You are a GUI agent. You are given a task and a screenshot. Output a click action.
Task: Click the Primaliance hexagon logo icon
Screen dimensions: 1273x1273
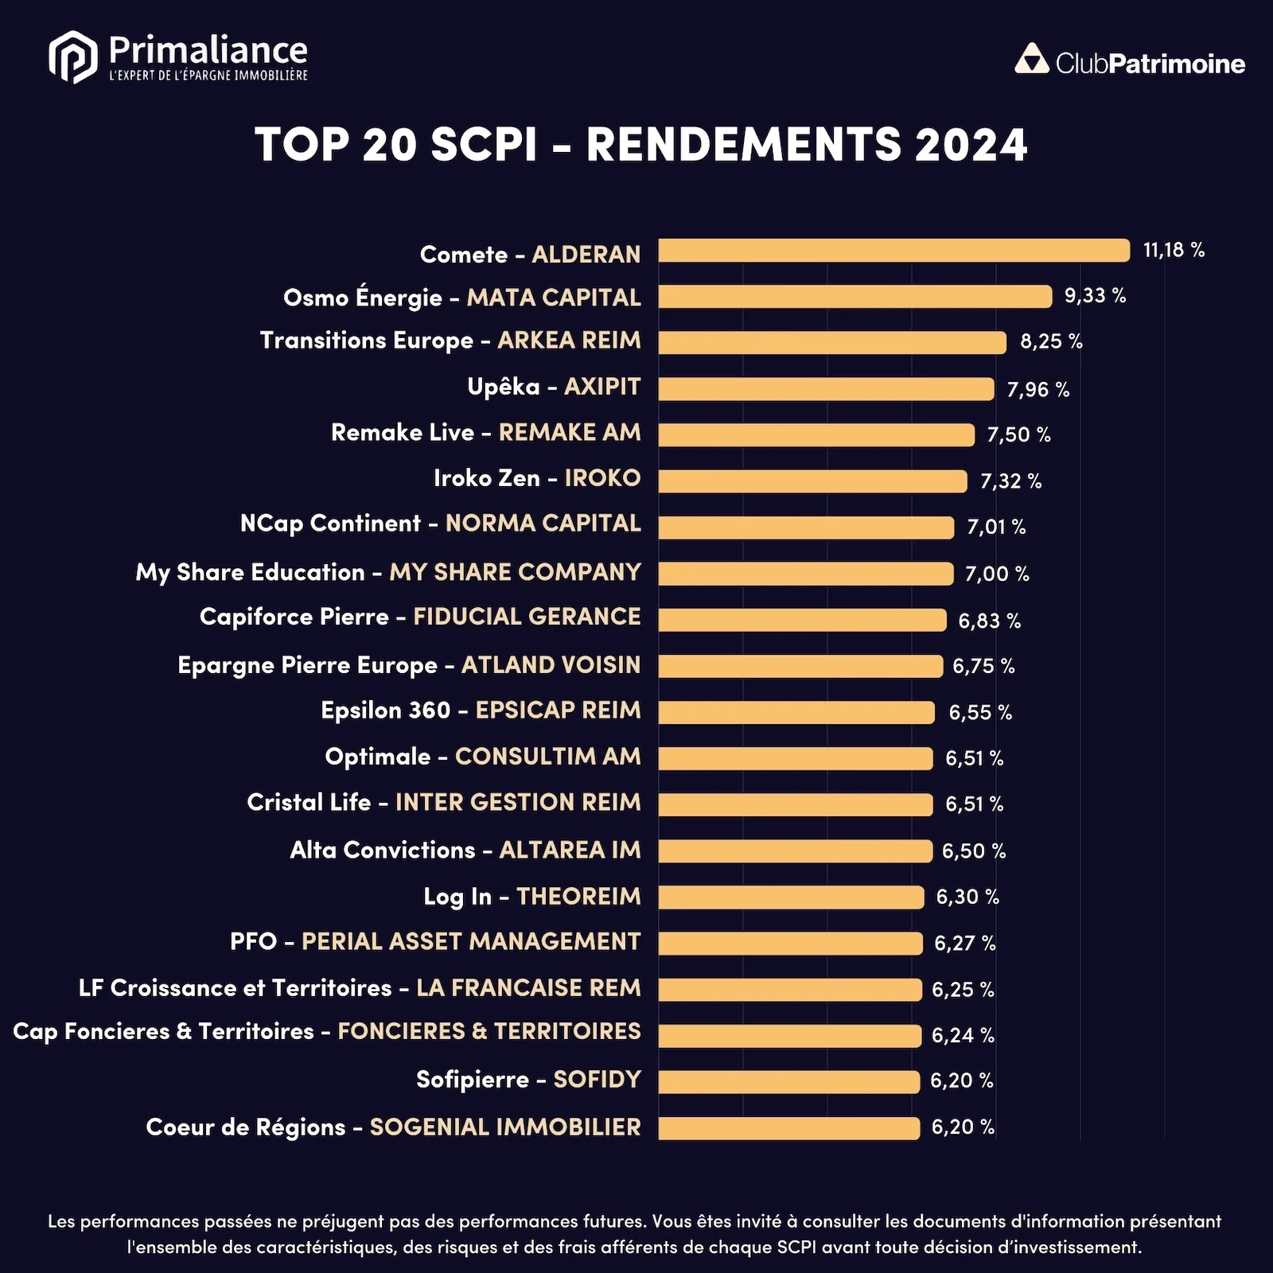72,57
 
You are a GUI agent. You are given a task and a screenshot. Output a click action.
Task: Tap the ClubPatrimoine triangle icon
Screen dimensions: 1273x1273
1032,60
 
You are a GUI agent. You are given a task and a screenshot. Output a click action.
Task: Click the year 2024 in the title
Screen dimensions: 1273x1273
971,146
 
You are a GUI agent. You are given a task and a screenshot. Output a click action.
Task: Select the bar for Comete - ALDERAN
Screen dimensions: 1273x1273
893,251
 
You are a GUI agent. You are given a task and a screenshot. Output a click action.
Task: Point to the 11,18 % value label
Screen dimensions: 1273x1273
1174,250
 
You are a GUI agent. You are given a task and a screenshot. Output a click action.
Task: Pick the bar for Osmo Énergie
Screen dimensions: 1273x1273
855,297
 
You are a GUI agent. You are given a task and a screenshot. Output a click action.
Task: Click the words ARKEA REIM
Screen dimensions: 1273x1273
569,341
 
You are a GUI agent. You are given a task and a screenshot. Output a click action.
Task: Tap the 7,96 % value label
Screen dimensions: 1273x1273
1038,390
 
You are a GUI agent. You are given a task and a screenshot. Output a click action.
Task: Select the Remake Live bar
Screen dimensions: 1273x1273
816,435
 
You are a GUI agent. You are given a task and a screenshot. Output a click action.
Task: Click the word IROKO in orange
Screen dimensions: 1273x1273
602,478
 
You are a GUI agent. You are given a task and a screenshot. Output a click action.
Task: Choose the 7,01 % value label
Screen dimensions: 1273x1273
996,527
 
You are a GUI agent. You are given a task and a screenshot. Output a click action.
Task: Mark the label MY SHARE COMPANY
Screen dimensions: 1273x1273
515,572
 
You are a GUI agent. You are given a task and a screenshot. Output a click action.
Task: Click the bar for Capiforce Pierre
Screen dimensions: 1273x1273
802,620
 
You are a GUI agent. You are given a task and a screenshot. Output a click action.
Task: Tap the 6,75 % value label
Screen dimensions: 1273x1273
983,666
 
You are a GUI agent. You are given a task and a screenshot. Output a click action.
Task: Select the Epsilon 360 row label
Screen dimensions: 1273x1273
481,710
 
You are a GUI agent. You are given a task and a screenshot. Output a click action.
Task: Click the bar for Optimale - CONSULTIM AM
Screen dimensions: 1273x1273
795,758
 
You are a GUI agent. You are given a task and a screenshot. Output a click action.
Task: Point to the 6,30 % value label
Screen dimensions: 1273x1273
967,897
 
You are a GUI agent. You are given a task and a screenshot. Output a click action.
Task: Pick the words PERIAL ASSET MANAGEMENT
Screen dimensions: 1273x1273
471,942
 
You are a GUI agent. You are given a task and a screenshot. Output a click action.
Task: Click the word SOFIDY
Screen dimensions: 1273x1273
597,1080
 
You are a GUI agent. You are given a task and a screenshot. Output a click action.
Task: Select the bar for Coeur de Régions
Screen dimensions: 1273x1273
788,1127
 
